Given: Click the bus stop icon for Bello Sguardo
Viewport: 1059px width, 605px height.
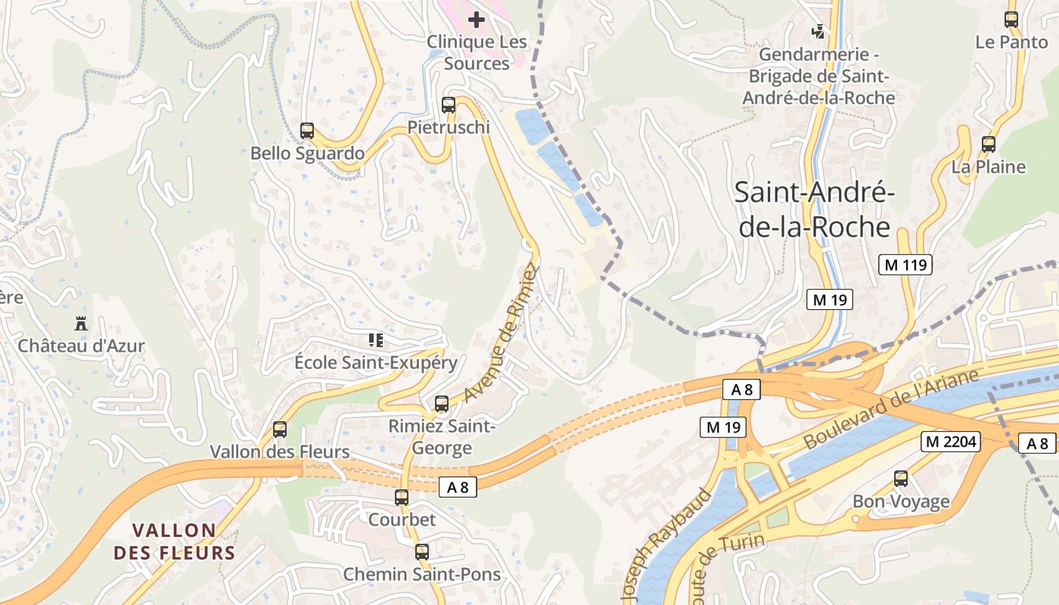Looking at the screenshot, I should click(306, 131).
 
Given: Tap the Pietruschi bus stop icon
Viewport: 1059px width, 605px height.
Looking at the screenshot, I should click(449, 105).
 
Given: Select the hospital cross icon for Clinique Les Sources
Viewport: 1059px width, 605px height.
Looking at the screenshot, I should click(477, 19).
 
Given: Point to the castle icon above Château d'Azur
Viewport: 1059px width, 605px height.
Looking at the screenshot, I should click(80, 324).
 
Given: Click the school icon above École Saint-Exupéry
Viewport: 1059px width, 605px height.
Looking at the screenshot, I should click(375, 340).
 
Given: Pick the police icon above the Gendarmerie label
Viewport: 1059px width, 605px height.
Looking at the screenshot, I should click(818, 32).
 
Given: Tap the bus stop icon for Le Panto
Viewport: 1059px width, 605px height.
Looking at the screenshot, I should click(1011, 20).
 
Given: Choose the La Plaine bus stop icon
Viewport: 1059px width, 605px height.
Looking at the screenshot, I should click(988, 144).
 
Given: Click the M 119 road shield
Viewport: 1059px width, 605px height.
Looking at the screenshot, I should click(905, 265).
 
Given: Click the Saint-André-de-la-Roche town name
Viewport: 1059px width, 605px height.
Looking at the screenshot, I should click(815, 209).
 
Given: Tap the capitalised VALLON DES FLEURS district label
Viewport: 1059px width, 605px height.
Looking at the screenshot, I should click(175, 541).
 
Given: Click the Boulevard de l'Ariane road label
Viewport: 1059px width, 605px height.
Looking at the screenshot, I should click(892, 408).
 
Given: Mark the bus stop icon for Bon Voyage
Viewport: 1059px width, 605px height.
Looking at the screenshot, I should click(900, 479).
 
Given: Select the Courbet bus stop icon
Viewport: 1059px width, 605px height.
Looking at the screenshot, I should click(402, 498).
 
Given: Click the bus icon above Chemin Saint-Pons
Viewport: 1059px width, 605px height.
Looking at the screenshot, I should click(421, 552).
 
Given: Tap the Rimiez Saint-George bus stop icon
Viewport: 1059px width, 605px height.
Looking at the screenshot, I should click(442, 404).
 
